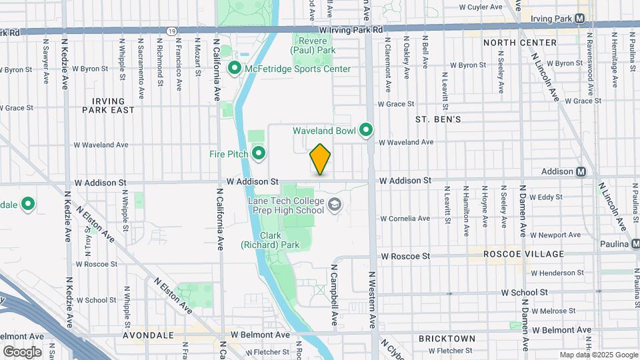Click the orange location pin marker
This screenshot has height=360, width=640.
pyautogui.click(x=320, y=159)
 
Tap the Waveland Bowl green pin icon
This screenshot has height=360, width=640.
pyautogui.click(x=366, y=130)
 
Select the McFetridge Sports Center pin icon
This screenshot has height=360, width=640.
pyautogui.click(x=235, y=69)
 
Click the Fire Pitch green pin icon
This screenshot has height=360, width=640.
pyautogui.click(x=258, y=154)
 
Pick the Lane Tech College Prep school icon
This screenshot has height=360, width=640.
pyautogui.click(x=334, y=205)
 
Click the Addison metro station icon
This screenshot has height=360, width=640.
pyautogui.click(x=581, y=171)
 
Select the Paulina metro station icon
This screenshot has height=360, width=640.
pyautogui.click(x=635, y=244)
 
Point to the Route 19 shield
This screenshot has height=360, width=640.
pyautogui.click(x=172, y=31)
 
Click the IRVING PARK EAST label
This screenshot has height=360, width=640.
pyautogui.click(x=108, y=105)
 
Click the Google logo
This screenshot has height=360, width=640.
pyautogui.click(x=22, y=351)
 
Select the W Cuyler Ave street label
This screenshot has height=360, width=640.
pyautogui.click(x=480, y=7)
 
